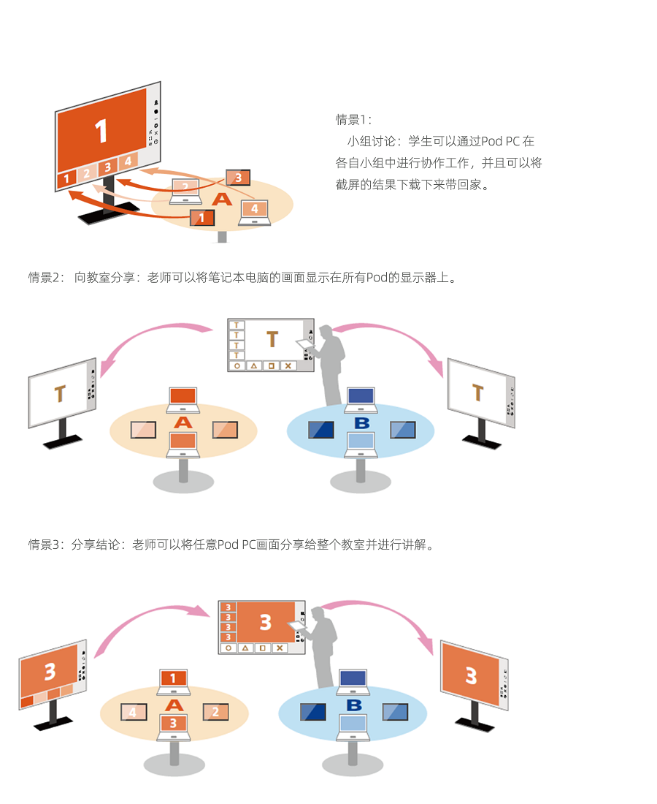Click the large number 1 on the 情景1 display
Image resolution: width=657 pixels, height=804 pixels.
click(101, 131)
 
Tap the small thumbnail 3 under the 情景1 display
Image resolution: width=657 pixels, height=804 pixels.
click(107, 167)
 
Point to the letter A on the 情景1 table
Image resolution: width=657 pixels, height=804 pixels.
click(221, 199)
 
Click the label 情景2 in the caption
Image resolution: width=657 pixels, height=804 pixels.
click(46, 278)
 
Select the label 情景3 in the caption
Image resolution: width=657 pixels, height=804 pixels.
click(46, 545)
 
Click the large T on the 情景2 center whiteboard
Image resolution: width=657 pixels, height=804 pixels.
click(272, 339)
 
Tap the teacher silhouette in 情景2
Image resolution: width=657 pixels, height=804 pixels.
click(331, 362)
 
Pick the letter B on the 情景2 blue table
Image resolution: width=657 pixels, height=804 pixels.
click(361, 423)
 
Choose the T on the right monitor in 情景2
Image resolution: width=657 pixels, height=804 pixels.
click(477, 392)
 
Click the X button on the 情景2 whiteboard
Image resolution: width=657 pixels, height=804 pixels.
click(288, 365)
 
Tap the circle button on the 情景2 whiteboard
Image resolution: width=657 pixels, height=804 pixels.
click(237, 365)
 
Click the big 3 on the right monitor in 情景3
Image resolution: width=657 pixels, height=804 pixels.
click(471, 675)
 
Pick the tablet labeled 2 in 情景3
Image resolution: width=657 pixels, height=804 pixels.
click(215, 711)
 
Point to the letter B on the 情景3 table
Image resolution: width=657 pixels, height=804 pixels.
click(354, 705)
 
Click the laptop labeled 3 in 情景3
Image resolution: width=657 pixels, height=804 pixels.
click(173, 723)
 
